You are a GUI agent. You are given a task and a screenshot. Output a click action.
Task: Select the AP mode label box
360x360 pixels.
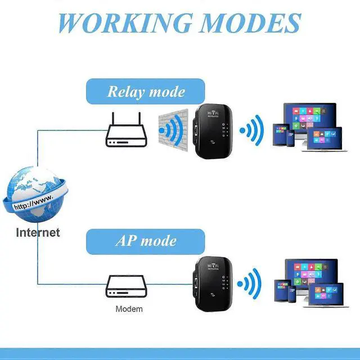pyautogui.click(x=145, y=241)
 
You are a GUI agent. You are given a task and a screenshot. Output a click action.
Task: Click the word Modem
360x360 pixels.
pyautogui.click(x=129, y=309)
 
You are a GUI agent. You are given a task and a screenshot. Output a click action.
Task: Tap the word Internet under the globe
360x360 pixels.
pyautogui.click(x=38, y=232)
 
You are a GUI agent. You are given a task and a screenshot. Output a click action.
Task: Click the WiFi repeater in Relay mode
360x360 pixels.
pyautogui.click(x=210, y=131)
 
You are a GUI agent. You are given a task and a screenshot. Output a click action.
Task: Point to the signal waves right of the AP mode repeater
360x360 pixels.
pyautogui.click(x=250, y=283)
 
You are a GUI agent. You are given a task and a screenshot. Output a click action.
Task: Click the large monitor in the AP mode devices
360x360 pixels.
pyautogui.click(x=310, y=276)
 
